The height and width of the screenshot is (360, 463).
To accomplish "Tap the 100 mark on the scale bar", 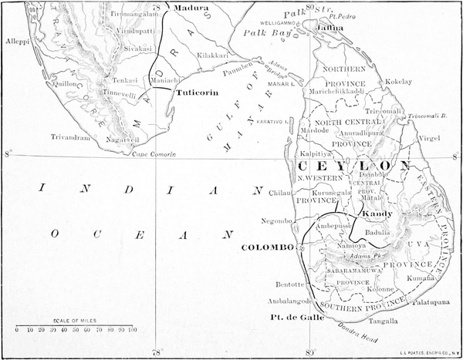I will tap(132, 330).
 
